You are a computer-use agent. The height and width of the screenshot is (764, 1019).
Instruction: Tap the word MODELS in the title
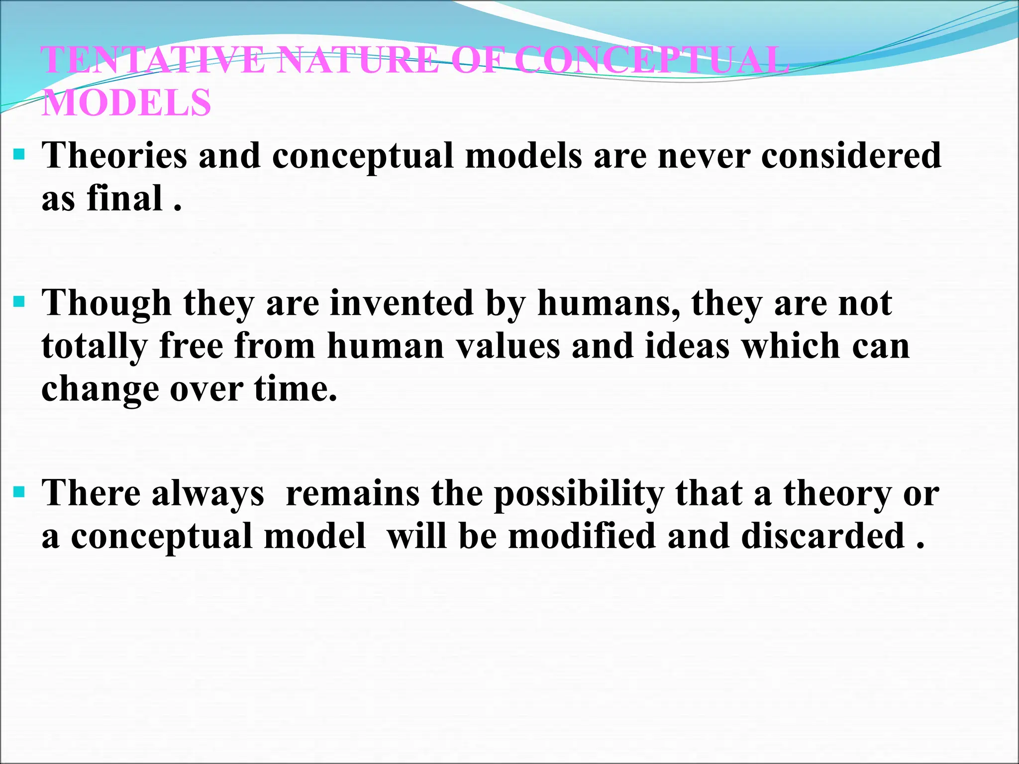126,102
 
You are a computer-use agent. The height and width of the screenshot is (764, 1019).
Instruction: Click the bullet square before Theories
19,155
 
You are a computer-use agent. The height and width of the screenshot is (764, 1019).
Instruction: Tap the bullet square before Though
19,301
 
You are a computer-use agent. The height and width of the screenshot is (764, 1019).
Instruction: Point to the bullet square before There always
19,492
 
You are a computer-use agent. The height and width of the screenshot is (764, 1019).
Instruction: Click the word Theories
114,155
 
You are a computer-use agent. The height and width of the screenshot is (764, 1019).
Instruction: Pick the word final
125,198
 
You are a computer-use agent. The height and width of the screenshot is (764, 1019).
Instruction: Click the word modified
582,536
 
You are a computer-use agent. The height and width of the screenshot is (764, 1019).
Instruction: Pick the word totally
94,346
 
